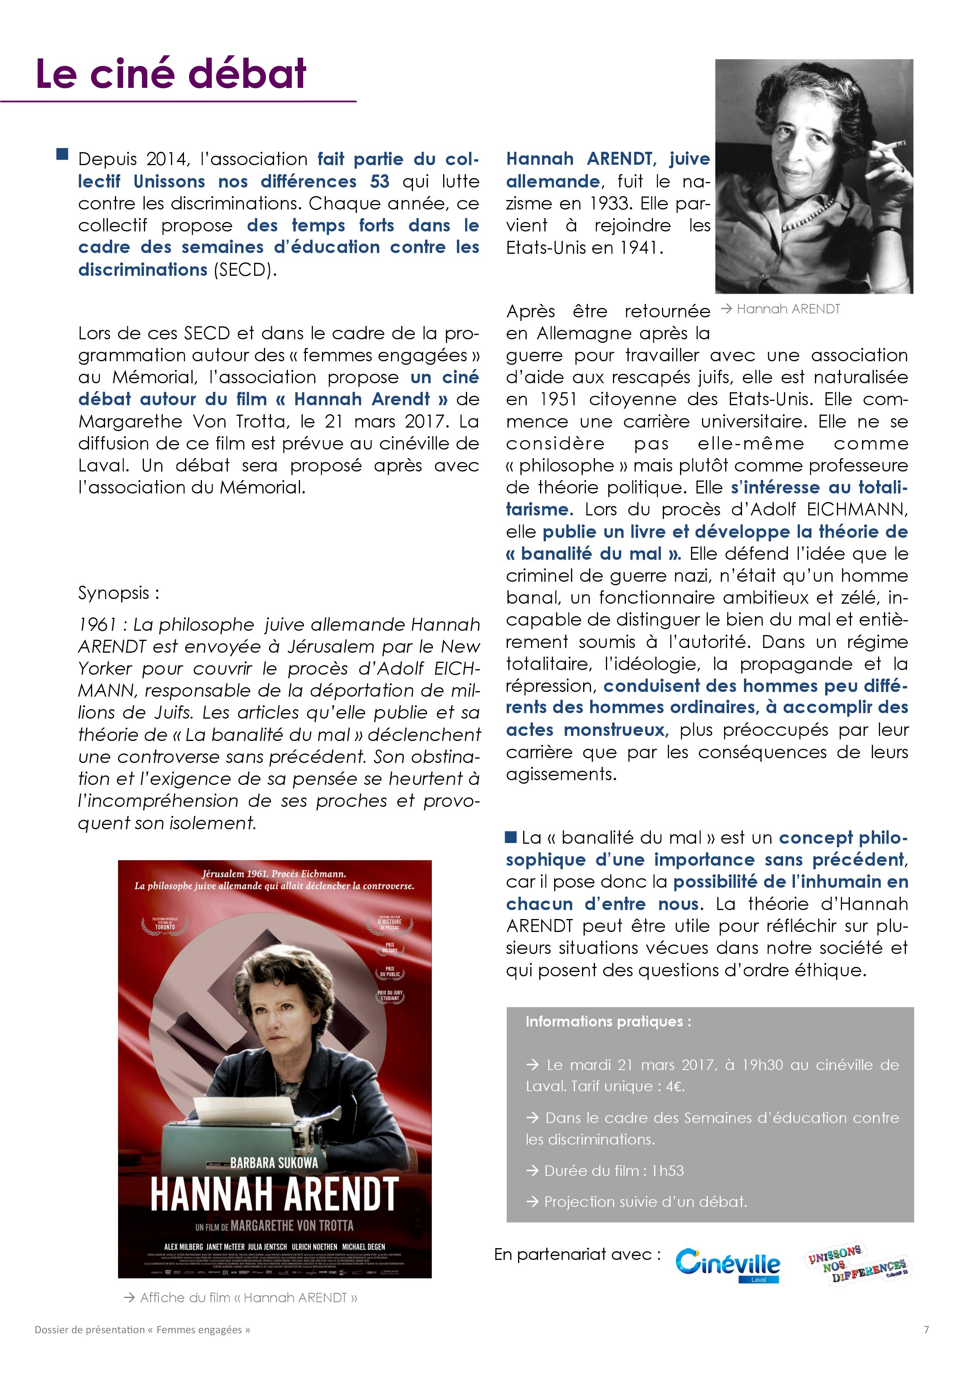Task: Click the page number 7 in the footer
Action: (926, 1329)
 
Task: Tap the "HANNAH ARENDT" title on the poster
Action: (275, 1194)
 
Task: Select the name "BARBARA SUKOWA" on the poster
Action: (274, 1163)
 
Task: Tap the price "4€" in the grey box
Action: (675, 1087)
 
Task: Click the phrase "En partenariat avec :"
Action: (578, 1254)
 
